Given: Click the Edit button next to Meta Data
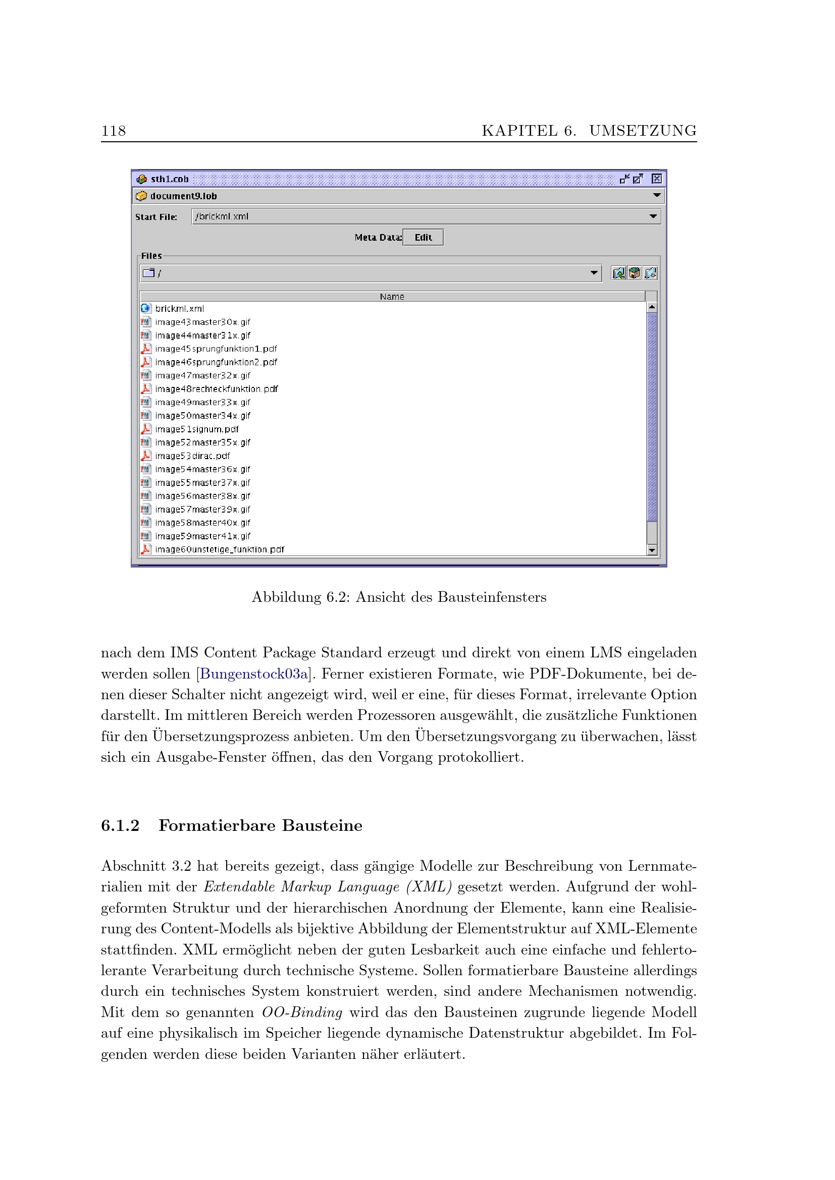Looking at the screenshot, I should point(423,238).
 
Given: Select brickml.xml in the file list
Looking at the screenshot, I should point(179,308).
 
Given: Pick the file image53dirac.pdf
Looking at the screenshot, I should point(192,456).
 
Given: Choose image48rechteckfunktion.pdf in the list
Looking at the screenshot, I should point(216,389).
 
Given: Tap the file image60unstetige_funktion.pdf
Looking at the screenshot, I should point(220,549).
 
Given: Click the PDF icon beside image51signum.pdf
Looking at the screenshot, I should point(146,429).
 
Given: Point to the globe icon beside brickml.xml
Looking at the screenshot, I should point(145,308).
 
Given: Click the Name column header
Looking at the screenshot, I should point(392,297).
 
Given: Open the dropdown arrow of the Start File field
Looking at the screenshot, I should point(653,216).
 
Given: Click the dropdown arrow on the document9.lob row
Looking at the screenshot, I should point(657,195).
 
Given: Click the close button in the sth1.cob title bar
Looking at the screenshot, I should point(657,179).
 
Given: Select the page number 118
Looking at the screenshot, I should point(114,131).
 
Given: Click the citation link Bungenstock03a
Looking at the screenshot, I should point(254,674).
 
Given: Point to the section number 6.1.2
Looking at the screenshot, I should point(120,825).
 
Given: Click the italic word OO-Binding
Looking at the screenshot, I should point(302,1013).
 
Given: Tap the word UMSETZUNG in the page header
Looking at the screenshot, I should point(643,131).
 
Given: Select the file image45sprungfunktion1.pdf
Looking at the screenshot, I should point(216,349).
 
